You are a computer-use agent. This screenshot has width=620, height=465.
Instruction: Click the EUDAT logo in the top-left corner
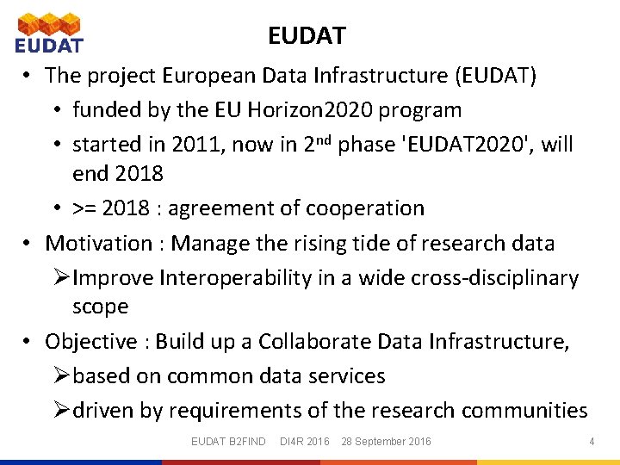pos(49,33)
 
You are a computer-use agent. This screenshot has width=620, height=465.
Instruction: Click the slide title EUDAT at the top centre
pos(307,36)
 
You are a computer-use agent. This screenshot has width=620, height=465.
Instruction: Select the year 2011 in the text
pos(195,145)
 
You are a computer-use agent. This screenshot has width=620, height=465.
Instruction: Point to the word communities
pos(524,411)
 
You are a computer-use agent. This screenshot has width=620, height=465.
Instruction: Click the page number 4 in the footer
pos(592,442)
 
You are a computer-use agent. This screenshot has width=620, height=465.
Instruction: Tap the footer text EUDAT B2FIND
pos(228,442)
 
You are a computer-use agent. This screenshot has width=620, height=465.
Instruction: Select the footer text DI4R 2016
pos(305,442)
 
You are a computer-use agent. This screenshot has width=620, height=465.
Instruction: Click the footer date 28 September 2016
pos(386,442)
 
